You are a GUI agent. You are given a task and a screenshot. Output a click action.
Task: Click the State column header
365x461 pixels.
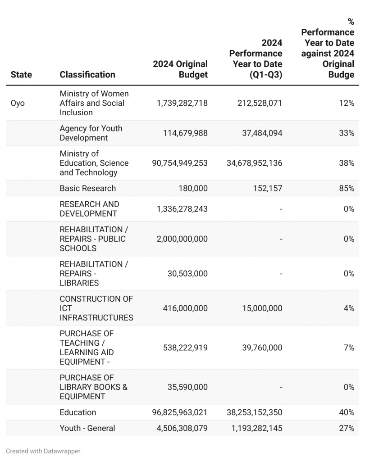point(21,75)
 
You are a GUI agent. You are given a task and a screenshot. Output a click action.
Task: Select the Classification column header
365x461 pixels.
point(87,75)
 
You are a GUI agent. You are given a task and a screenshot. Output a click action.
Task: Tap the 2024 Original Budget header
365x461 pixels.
point(180,69)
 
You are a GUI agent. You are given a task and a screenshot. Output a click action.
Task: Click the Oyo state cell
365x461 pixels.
point(18,103)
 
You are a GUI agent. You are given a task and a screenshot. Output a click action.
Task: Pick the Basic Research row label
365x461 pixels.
point(88,188)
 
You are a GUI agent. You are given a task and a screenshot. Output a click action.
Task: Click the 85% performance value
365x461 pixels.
point(347,188)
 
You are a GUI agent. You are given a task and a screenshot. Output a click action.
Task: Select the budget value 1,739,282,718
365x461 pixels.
point(182,103)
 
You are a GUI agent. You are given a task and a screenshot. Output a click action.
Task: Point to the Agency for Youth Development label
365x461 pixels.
point(91,133)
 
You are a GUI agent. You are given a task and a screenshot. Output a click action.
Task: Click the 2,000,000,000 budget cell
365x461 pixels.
point(182,239)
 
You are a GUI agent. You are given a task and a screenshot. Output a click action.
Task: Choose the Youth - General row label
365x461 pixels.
point(87,428)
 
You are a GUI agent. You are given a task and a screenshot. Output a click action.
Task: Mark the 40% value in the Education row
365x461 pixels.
point(347,412)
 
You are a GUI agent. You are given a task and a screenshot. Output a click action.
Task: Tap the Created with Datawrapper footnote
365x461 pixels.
point(43,451)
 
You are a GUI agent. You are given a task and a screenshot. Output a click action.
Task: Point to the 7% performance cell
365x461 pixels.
point(349,348)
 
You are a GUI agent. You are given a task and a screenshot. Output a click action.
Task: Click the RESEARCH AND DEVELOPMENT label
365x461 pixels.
point(90,209)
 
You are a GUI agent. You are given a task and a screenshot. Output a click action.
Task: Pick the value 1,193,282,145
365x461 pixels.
point(257,428)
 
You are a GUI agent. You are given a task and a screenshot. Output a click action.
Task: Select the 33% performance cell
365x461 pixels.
point(347,133)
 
